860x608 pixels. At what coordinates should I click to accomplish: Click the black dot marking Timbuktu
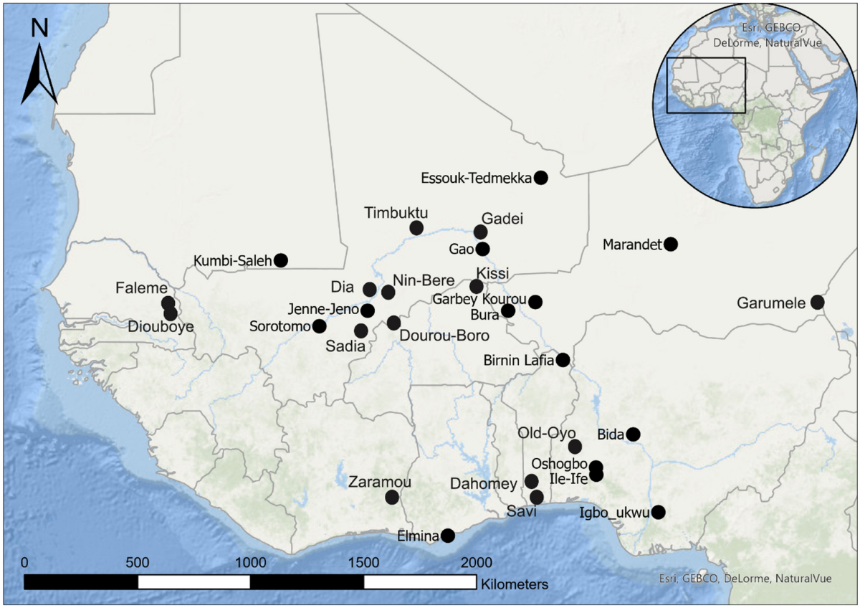pyautogui.click(x=416, y=228)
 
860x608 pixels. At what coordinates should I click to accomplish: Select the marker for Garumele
pyautogui.click(x=817, y=303)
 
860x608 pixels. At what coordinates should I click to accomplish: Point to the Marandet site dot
pyautogui.click(x=670, y=244)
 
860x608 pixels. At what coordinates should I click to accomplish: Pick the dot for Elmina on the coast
pyautogui.click(x=448, y=535)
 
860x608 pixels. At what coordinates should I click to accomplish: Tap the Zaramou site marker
pyautogui.click(x=392, y=497)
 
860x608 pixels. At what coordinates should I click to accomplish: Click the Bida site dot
pyautogui.click(x=633, y=434)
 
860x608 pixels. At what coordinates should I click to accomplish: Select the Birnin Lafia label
pyautogui.click(x=518, y=360)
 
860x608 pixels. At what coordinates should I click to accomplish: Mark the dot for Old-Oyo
pyautogui.click(x=575, y=447)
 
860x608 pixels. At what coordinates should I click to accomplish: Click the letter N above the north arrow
pyautogui.click(x=39, y=29)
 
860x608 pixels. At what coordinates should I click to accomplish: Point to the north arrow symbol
pyautogui.click(x=39, y=79)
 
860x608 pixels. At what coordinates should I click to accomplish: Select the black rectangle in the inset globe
pyautogui.click(x=706, y=85)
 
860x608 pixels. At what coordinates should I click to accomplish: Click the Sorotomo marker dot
pyautogui.click(x=320, y=326)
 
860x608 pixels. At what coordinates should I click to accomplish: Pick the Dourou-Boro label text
pyautogui.click(x=444, y=336)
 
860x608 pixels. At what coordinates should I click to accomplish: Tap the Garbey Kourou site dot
pyautogui.click(x=535, y=302)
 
